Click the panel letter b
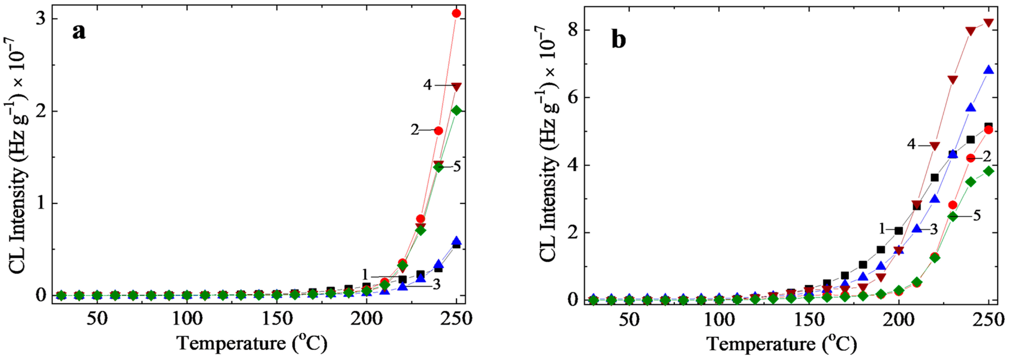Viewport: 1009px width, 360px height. tap(619, 41)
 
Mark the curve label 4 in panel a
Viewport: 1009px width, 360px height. tap(427, 85)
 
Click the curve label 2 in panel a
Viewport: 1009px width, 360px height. tap(415, 130)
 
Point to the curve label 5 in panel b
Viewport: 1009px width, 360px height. tap(976, 216)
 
